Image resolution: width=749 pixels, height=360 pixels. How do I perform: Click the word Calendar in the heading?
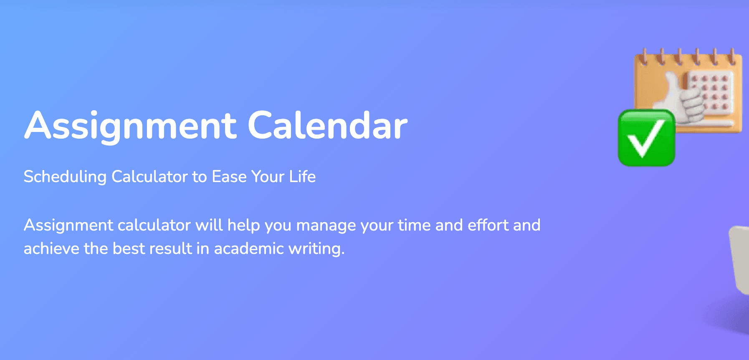click(328, 125)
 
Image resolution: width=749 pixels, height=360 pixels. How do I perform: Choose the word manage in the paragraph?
click(326, 226)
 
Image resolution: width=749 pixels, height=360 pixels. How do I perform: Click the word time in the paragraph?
click(414, 225)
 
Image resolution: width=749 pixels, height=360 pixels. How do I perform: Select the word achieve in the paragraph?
click(51, 248)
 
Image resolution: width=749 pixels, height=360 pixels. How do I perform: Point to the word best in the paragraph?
click(129, 248)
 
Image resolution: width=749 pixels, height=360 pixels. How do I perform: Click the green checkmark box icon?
click(646, 138)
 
